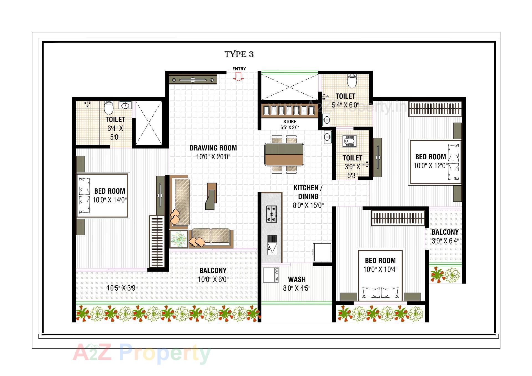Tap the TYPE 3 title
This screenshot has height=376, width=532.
[239, 54]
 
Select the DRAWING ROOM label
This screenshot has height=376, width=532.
[213, 148]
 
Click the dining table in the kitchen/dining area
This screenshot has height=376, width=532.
[284, 154]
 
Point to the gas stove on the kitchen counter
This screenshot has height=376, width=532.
[272, 214]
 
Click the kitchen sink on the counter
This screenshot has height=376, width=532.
[272, 245]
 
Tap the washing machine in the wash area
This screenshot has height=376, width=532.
[270, 275]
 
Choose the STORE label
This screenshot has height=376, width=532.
[290, 122]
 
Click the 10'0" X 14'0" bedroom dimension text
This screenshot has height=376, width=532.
[110, 200]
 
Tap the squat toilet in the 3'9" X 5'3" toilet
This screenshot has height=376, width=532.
[348, 141]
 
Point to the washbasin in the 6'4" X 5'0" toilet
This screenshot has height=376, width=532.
[126, 105]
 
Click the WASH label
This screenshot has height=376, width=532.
[297, 279]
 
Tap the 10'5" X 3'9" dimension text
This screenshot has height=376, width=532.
[122, 288]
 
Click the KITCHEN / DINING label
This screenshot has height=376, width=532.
[308, 192]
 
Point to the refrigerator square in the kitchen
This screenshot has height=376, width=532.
[322, 252]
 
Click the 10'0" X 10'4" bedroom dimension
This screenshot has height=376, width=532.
[380, 269]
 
